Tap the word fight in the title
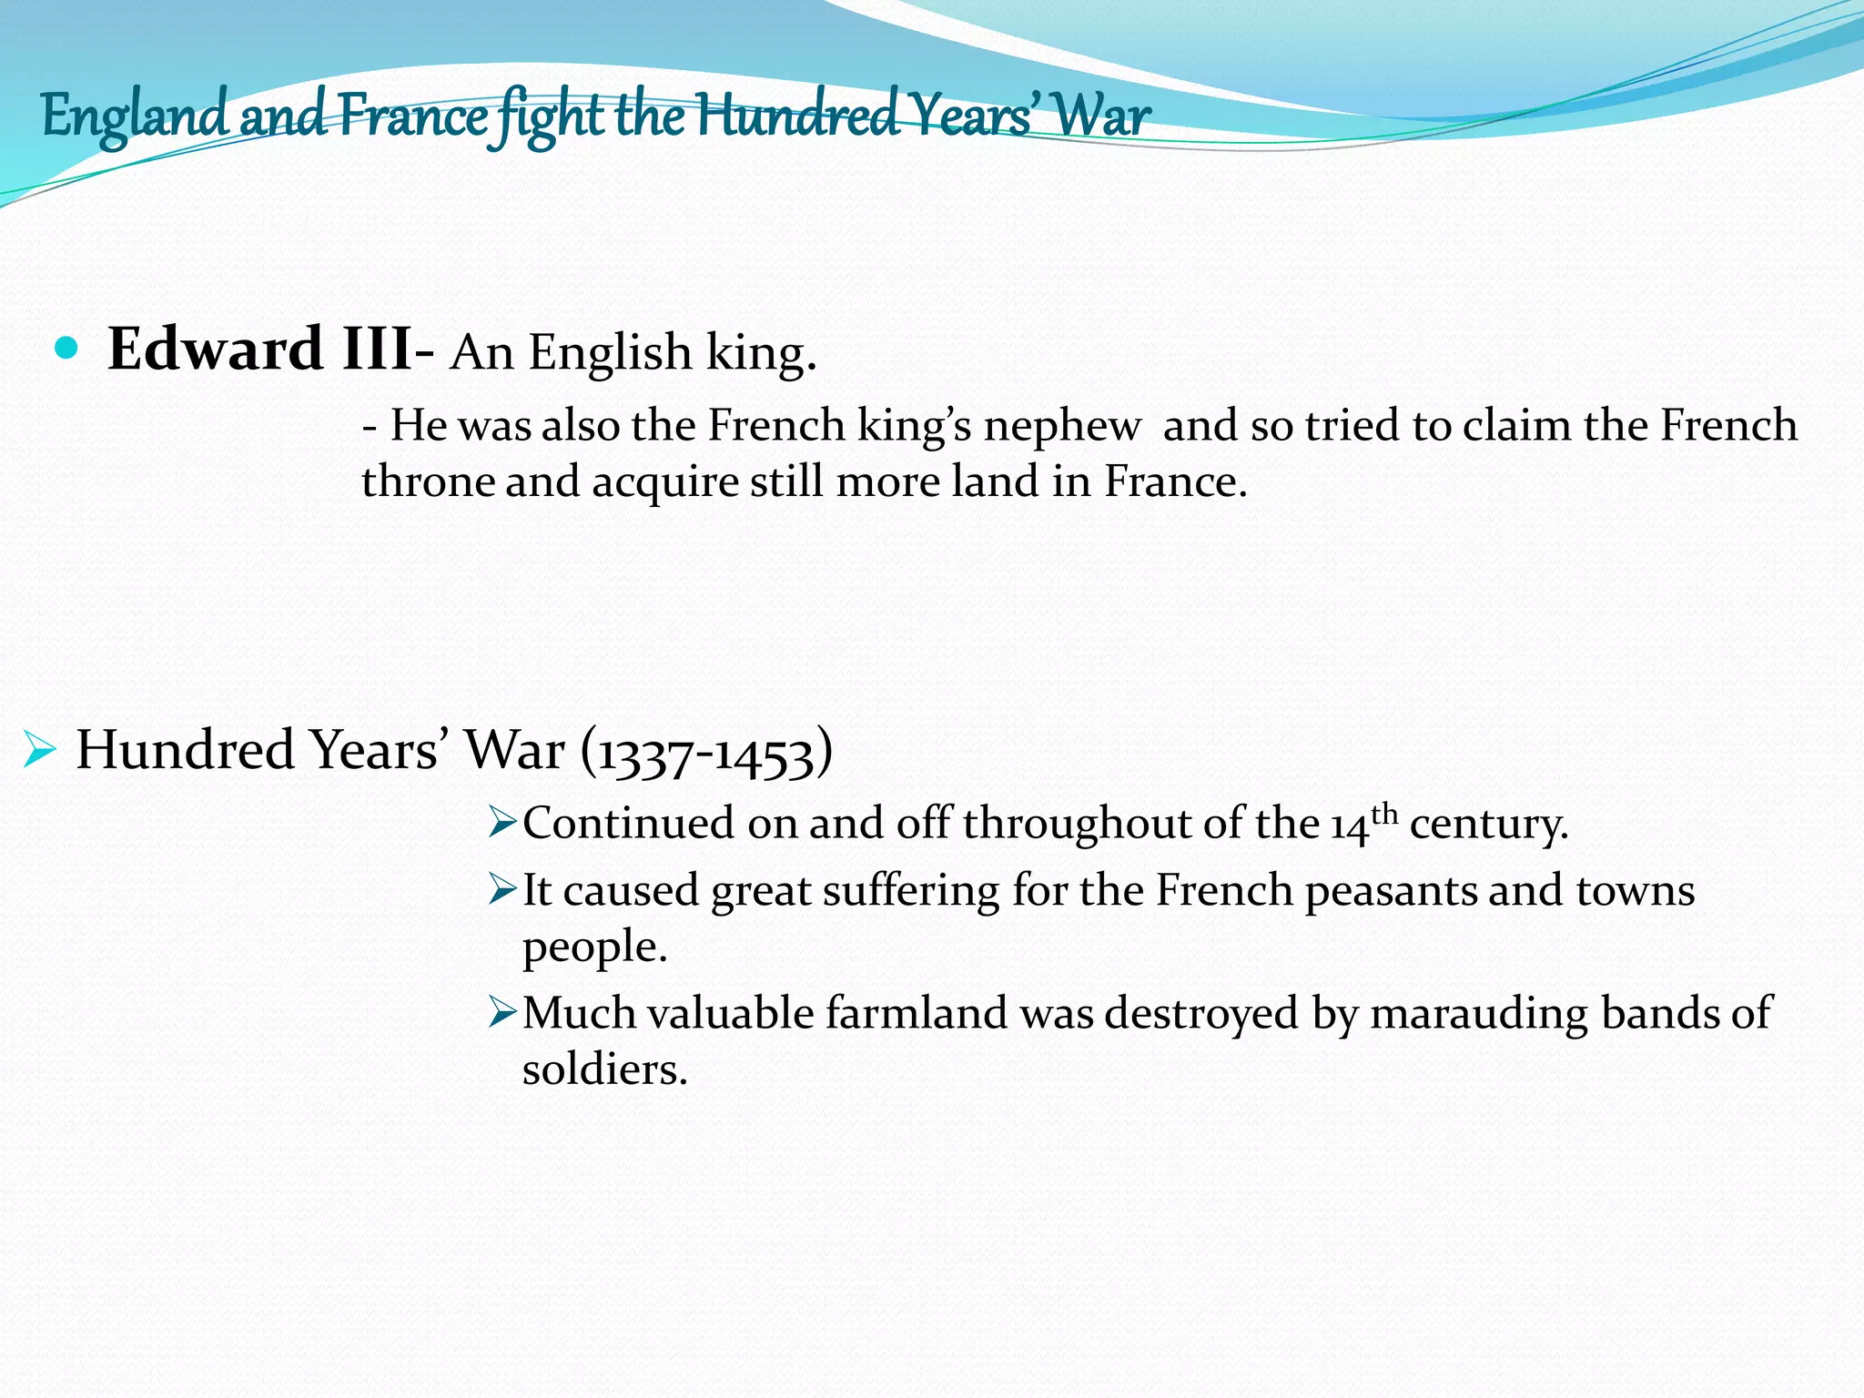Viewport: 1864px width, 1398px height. tap(552, 116)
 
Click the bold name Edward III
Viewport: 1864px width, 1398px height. tap(259, 349)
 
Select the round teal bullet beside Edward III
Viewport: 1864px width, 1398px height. tap(66, 348)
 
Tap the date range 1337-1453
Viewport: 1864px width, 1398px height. tap(705, 754)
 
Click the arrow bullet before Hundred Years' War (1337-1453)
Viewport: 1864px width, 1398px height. tap(40, 751)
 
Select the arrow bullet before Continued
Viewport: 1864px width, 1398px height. tap(502, 822)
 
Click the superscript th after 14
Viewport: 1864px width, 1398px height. tap(1383, 812)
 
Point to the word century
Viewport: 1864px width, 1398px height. tap(1489, 825)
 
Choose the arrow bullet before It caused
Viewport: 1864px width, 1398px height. tap(502, 888)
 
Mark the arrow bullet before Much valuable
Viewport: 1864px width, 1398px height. tap(502, 1011)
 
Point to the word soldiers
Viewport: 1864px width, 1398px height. tap(604, 1069)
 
